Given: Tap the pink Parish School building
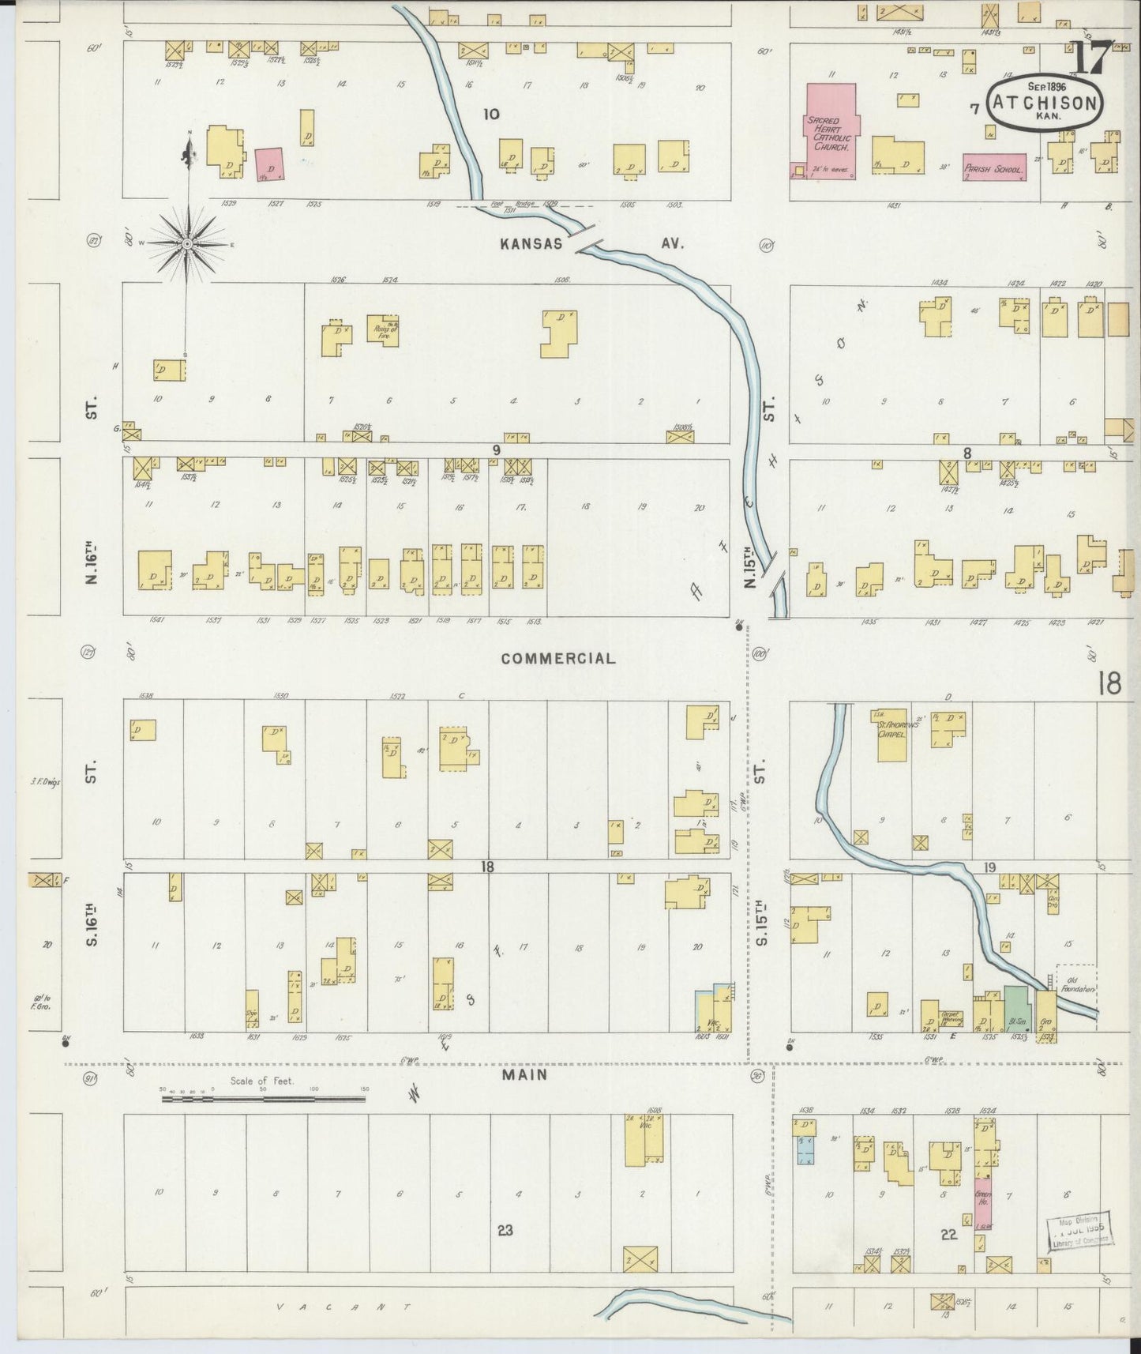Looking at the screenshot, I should [x=994, y=166].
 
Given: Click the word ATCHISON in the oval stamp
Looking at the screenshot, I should [x=1044, y=103].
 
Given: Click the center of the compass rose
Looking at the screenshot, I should [x=187, y=245].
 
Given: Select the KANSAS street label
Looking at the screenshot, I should [x=531, y=243].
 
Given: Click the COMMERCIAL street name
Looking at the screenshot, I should [x=557, y=658].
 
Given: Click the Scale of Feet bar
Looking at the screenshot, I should [x=263, y=1098].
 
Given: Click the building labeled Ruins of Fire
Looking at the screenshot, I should [x=382, y=329].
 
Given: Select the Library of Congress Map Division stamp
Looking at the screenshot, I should [x=1080, y=1231].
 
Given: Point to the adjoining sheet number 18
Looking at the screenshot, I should [x=1109, y=683].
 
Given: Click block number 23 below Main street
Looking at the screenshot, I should [x=505, y=1230].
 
